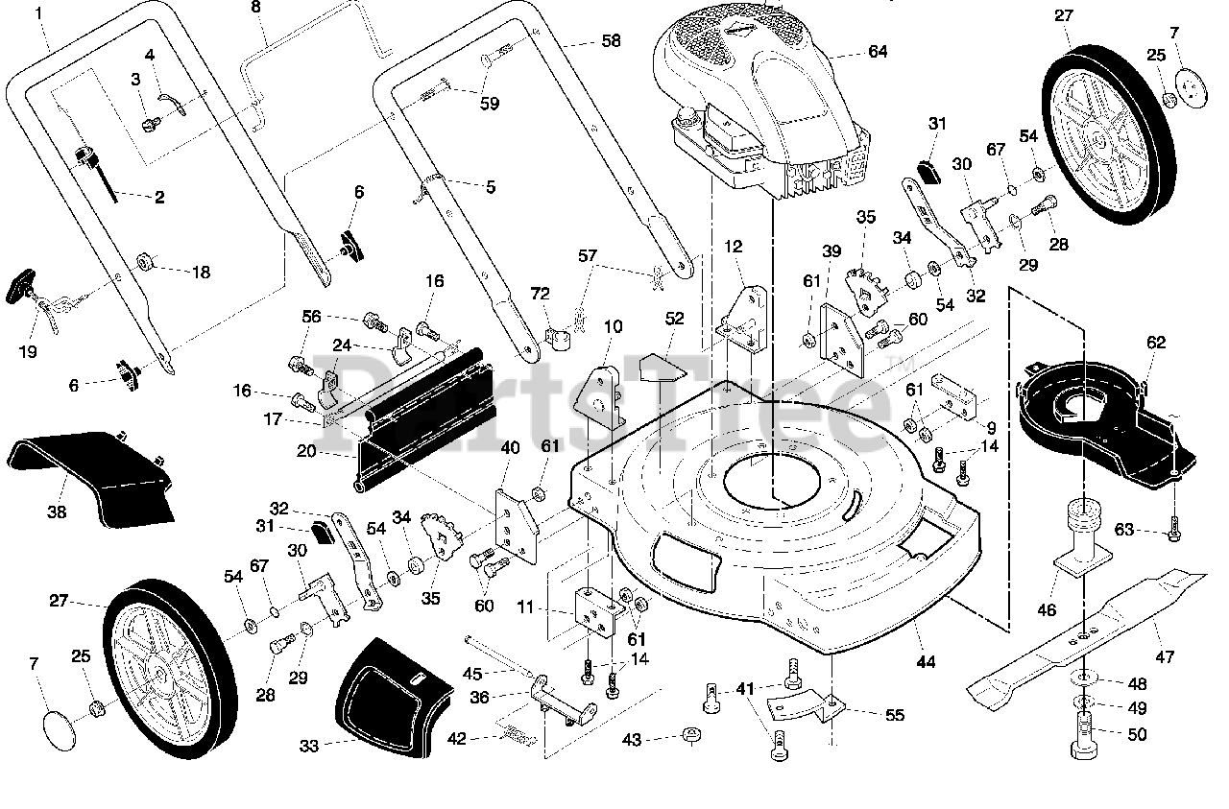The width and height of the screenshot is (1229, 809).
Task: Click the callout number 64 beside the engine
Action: tap(878, 52)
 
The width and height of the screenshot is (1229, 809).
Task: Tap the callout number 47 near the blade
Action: tap(1165, 656)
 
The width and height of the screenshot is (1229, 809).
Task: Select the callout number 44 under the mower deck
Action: tap(926, 662)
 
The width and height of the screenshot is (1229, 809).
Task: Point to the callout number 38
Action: tap(57, 512)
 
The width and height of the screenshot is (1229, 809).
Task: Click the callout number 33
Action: tap(309, 746)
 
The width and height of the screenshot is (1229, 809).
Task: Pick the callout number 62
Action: tap(1156, 343)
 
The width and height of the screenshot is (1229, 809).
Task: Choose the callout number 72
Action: tap(540, 294)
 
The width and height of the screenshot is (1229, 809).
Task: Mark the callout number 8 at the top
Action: tap(255, 7)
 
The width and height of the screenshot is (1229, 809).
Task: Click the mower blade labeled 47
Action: tap(1086, 639)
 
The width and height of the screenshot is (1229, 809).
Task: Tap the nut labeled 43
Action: tap(691, 735)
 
